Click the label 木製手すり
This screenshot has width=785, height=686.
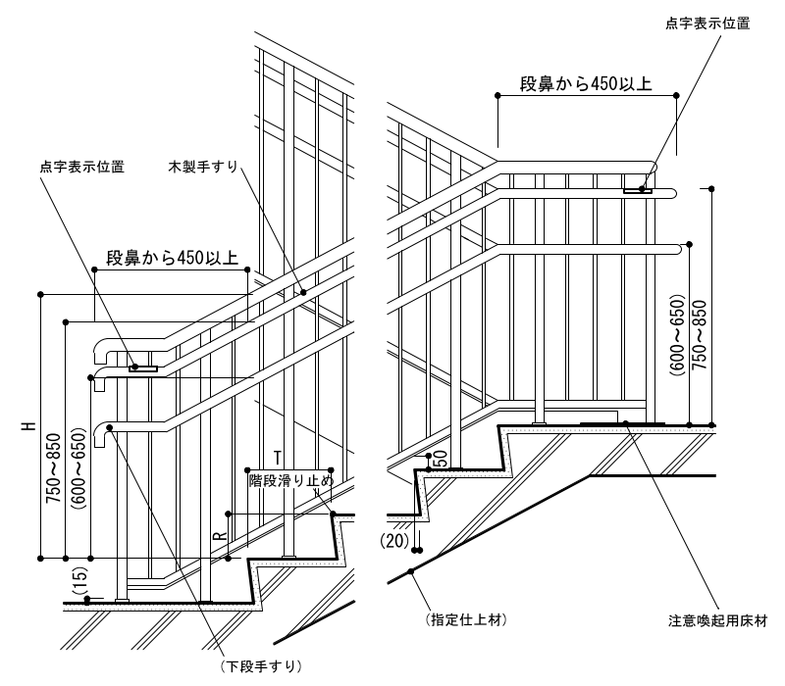(x=203, y=168)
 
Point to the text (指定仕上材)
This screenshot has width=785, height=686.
(x=466, y=620)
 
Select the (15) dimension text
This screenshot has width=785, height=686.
(x=79, y=580)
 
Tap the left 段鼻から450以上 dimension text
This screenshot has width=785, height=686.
(x=172, y=259)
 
